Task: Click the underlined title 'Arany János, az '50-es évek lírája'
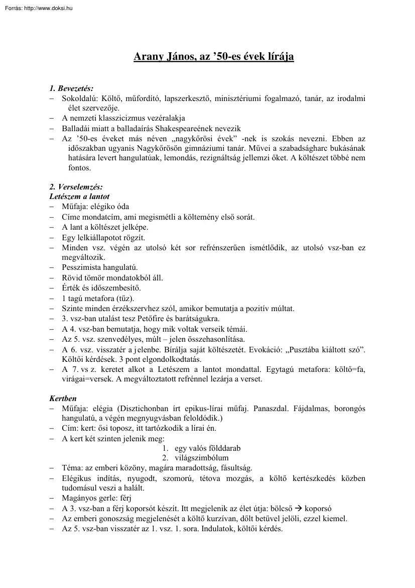point(213,57)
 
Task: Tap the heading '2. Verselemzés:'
point(76,187)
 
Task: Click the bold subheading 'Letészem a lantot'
point(79,197)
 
